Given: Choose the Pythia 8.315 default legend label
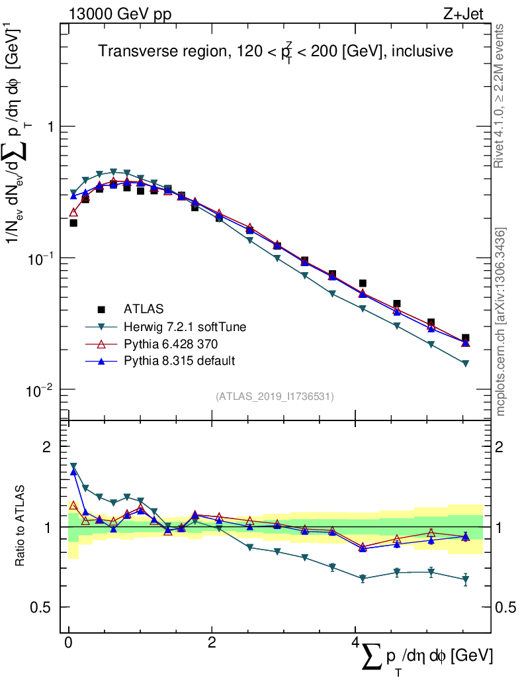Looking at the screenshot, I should (x=179, y=361).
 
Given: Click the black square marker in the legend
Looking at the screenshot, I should (x=101, y=309).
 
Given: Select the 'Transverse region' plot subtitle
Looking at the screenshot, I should (x=275, y=52).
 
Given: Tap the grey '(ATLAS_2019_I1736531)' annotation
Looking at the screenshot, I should (x=275, y=397).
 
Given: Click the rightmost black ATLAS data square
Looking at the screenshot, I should (x=465, y=338).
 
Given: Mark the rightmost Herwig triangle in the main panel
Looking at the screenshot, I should (x=465, y=363).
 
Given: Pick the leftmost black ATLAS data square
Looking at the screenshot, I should (x=73, y=223).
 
